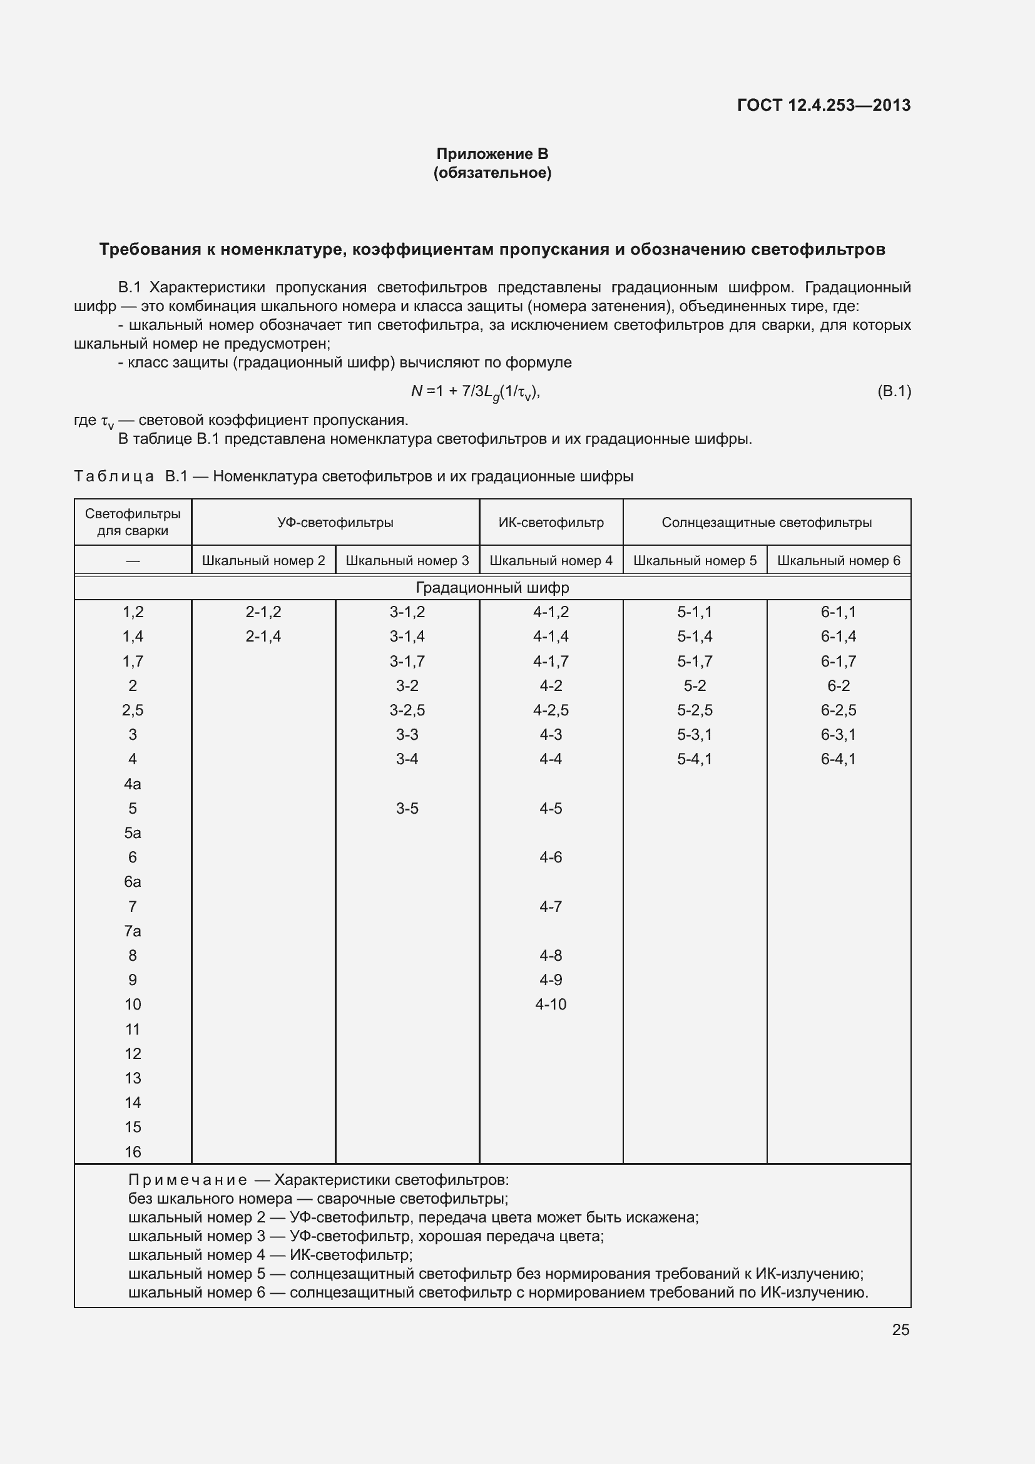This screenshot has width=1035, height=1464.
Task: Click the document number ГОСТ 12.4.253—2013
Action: pos(823,105)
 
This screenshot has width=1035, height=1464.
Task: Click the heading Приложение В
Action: pos(492,154)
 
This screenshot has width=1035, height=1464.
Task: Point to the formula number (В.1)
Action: pos(894,391)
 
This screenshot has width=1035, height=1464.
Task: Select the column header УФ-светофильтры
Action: pos(335,522)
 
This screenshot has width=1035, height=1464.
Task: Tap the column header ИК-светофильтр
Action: pos(551,522)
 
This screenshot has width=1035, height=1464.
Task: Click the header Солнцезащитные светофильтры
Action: pos(767,522)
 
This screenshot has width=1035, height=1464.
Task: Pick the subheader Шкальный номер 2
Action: pos(263,560)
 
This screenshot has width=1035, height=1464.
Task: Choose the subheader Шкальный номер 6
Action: pos(839,560)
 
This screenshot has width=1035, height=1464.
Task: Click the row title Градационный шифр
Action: pos(492,587)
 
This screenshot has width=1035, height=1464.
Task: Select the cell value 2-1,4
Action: pos(263,637)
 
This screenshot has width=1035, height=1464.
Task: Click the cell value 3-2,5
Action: pos(407,710)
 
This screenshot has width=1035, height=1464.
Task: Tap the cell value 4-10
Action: pos(551,1004)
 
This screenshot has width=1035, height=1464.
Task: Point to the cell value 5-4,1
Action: pos(695,759)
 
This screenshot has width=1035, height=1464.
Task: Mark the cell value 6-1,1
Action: pos(839,612)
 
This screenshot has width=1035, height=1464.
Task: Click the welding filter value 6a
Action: pos(133,882)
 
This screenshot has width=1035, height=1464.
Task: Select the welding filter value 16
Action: pos(133,1152)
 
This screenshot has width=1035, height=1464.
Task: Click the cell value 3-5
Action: pos(407,809)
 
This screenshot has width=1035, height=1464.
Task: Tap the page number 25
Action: pos(900,1329)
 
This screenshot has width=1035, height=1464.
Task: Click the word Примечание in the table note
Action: pos(187,1180)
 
